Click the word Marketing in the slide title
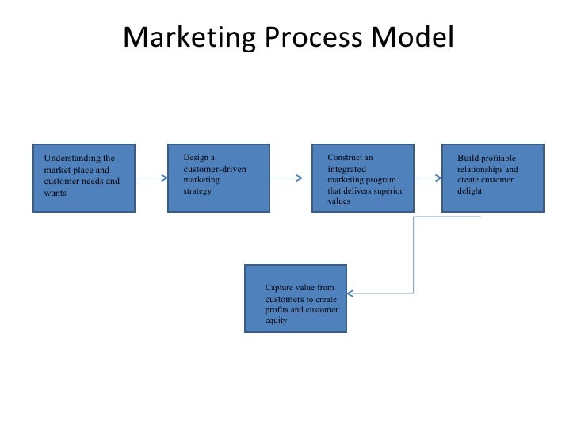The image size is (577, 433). pyautogui.click(x=185, y=37)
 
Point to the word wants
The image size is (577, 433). pyautogui.click(x=56, y=193)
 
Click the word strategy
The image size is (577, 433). pyautogui.click(x=197, y=191)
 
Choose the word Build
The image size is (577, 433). pyautogui.click(x=468, y=159)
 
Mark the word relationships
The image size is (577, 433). pyautogui.click(x=480, y=170)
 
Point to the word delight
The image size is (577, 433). pyautogui.click(x=469, y=191)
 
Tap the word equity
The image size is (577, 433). pyautogui.click(x=277, y=321)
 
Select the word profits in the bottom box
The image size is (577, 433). pyautogui.click(x=278, y=310)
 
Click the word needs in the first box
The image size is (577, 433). pyautogui.click(x=94, y=181)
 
